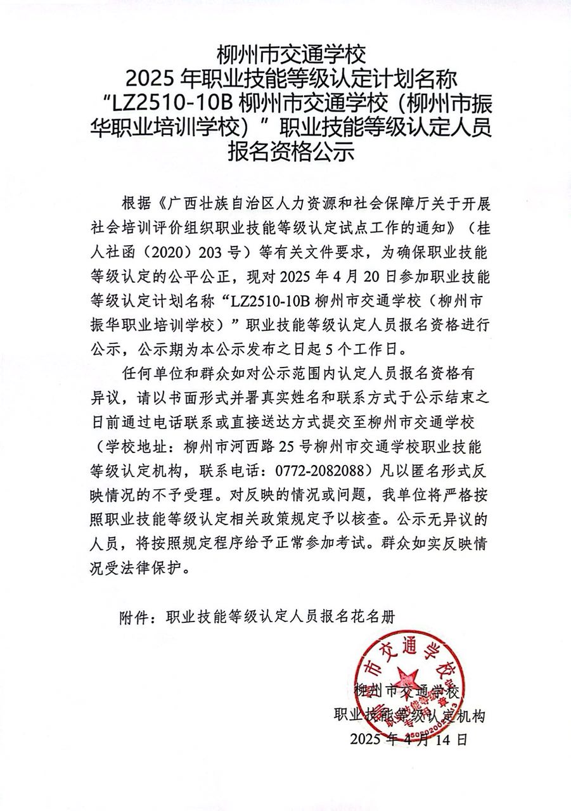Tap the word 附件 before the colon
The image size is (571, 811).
tap(132, 616)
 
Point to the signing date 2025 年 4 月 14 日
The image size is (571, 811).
tap(407, 739)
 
